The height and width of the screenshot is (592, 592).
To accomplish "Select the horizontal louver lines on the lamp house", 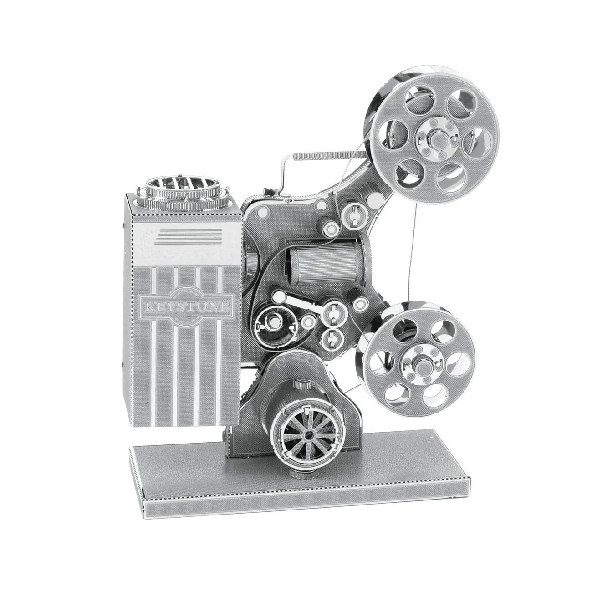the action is point(188,236).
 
